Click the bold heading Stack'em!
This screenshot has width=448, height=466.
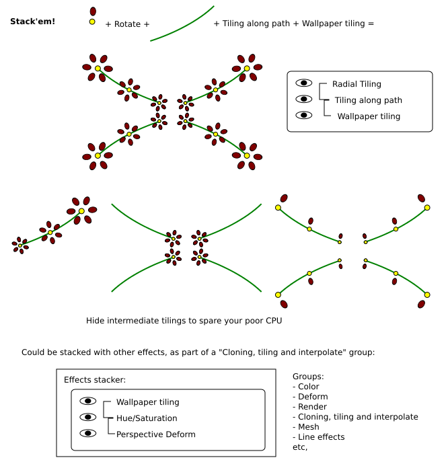click(33, 22)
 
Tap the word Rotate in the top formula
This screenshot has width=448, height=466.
click(127, 24)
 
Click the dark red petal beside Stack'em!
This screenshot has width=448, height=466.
click(93, 11)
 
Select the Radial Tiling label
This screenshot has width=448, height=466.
click(357, 84)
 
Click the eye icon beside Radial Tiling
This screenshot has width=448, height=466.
click(305, 83)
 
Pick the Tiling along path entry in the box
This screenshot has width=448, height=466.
click(368, 100)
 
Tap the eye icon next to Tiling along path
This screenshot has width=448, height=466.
click(305, 99)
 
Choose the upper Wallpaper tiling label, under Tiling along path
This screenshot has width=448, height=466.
click(369, 116)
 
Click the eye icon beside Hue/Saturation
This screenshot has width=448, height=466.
click(88, 418)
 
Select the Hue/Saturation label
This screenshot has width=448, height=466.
click(147, 418)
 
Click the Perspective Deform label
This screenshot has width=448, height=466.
click(155, 434)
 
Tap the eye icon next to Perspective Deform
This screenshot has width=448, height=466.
click(88, 434)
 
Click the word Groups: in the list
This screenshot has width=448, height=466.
click(309, 377)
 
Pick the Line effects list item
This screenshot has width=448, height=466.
click(322, 437)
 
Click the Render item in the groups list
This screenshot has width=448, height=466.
click(313, 407)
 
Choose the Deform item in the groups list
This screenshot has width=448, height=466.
click(313, 397)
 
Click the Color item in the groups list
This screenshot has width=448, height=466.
click(309, 387)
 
